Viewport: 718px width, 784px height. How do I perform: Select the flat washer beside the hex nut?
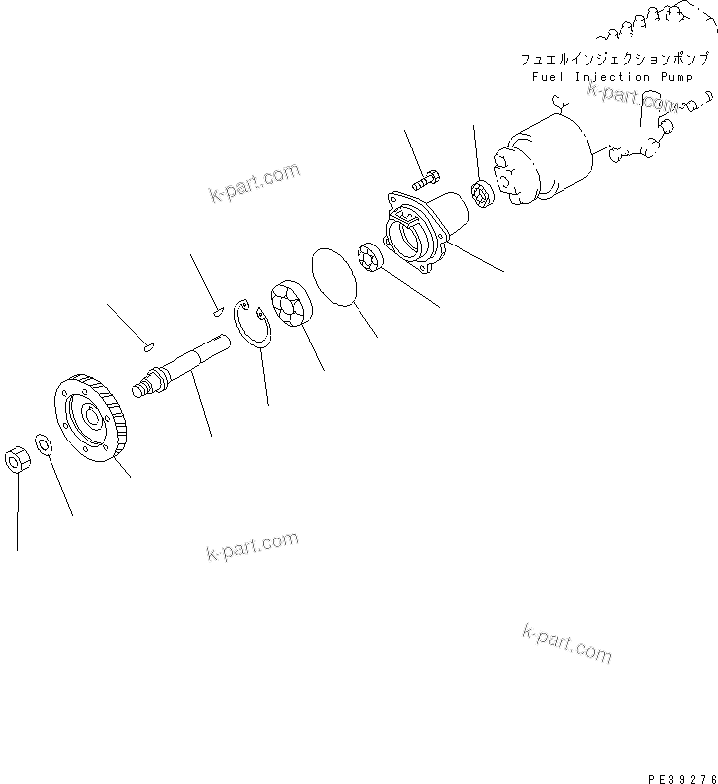(45, 442)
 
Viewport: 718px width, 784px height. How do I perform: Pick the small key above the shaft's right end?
(216, 313)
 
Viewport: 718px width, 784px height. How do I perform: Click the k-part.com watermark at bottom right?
(566, 643)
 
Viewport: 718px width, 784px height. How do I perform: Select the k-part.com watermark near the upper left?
(255, 182)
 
